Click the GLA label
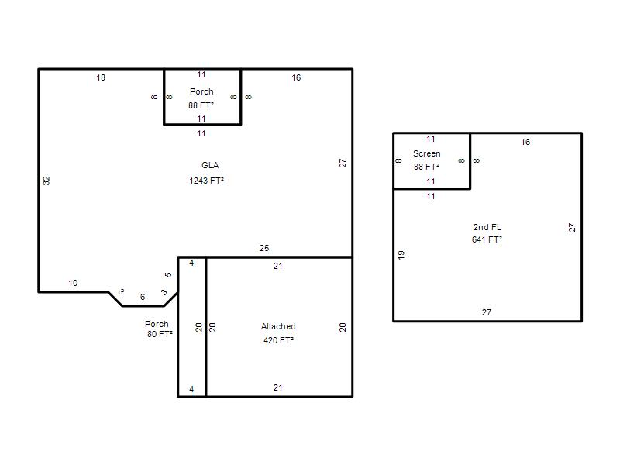click(210, 165)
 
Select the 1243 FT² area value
click(206, 181)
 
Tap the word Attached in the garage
click(278, 326)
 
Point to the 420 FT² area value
click(278, 340)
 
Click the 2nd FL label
click(487, 227)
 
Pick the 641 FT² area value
click(487, 239)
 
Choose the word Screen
click(427, 153)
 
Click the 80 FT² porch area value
click(160, 334)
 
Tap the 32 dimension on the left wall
click(46, 181)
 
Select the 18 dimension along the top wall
click(101, 78)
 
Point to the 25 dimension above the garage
click(264, 248)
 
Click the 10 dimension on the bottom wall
click(73, 283)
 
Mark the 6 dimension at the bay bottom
click(143, 297)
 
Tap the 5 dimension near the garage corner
click(168, 274)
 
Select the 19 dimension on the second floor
click(401, 255)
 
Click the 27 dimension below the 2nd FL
click(487, 312)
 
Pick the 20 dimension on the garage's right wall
click(343, 327)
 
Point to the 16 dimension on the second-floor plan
click(525, 143)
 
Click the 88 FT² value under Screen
click(427, 167)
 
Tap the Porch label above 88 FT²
click(201, 91)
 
